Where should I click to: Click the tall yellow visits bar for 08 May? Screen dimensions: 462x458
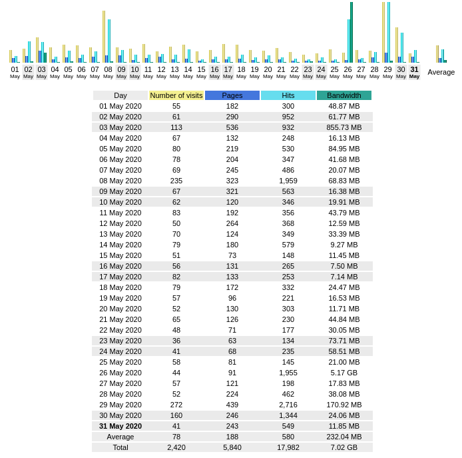104,37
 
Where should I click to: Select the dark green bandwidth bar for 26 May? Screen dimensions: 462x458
351,32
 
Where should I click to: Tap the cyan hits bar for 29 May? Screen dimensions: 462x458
389,32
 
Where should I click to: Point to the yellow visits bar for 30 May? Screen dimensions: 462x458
397,45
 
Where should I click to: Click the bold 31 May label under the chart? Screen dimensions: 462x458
414,72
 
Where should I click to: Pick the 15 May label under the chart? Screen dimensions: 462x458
201,72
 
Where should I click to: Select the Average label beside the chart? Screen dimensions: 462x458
441,72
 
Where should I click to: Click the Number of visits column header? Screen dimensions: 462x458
176,95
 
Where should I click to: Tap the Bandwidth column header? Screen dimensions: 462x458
344,95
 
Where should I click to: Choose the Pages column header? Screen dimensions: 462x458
232,95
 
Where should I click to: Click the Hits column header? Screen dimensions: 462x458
288,95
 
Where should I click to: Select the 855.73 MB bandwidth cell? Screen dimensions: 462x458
344,127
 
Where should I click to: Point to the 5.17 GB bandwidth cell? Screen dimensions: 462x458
344,373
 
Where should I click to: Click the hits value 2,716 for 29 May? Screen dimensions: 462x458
288,405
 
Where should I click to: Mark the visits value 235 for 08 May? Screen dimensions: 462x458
176,181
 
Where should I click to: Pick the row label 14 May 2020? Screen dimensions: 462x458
120,245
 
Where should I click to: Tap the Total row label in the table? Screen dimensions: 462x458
120,447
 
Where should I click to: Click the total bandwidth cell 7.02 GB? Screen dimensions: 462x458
344,447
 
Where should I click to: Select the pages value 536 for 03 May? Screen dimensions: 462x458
232,127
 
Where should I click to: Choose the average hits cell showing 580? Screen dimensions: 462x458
288,437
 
